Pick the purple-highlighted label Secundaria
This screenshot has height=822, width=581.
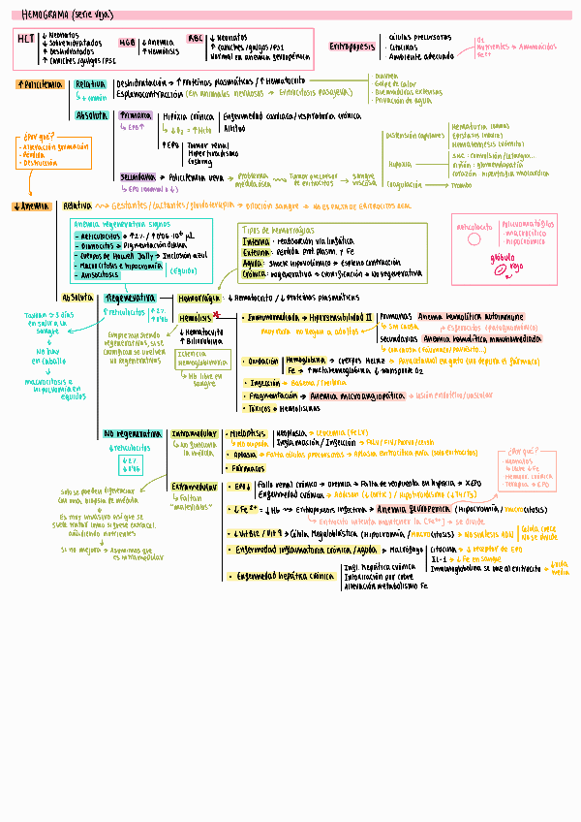(x=138, y=177)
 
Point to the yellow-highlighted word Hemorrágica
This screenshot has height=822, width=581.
(x=199, y=298)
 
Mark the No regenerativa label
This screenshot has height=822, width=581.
(x=133, y=433)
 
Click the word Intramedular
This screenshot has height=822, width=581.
(x=194, y=433)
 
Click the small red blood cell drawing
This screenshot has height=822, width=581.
(x=501, y=274)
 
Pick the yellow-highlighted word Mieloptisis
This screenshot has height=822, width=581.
(x=249, y=433)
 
